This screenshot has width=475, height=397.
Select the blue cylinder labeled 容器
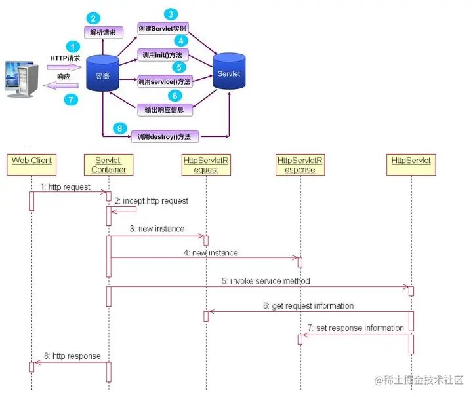click(x=101, y=73)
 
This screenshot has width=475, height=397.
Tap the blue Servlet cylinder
click(x=229, y=72)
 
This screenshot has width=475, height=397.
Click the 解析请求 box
click(x=104, y=31)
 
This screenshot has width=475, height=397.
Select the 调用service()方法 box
click(x=164, y=82)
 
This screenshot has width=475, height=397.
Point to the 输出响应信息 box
click(x=164, y=109)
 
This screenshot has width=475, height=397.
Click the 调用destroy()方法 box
click(x=165, y=136)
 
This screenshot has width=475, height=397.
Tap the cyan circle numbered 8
click(x=119, y=128)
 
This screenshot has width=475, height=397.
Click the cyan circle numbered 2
click(x=95, y=18)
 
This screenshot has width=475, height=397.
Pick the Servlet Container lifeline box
click(x=109, y=164)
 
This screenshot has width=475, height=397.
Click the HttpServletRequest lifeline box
click(x=206, y=164)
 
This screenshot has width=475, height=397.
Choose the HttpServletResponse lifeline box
click(x=300, y=164)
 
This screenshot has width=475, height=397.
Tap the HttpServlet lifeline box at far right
click(x=411, y=161)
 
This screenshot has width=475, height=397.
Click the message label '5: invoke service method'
click(x=266, y=281)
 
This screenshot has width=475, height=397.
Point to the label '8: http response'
click(x=72, y=356)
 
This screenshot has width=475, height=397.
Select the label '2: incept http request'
click(x=151, y=200)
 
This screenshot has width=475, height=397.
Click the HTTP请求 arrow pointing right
click(x=64, y=67)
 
